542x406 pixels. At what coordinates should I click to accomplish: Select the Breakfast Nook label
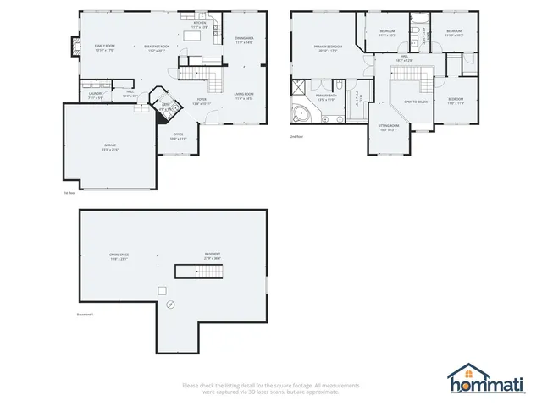157,47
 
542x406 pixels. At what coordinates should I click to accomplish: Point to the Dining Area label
245,39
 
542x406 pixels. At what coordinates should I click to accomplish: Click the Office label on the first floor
178,135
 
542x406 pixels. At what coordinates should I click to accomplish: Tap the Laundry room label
96,95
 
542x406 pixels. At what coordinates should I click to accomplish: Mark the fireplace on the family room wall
75,47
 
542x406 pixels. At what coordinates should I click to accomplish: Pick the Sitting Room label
389,128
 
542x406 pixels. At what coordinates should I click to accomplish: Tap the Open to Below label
415,101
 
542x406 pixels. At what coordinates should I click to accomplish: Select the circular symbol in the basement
170,303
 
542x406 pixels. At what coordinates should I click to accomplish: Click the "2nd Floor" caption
297,135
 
